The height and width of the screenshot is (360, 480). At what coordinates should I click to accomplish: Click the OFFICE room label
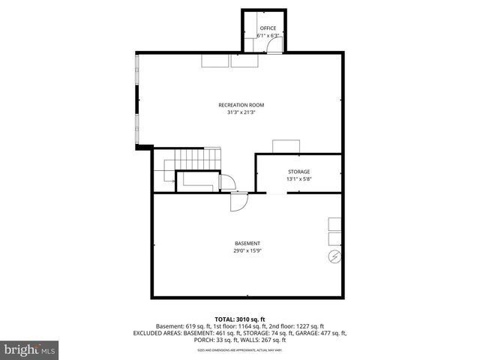coord(268,28)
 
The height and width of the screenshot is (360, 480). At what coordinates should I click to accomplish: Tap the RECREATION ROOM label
coord(241,105)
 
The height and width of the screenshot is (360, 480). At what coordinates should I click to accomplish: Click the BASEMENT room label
coord(247,243)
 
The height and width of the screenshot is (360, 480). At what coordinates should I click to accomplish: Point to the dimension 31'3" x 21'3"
coord(241,112)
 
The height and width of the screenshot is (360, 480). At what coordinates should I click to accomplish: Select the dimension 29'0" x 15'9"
coord(247,251)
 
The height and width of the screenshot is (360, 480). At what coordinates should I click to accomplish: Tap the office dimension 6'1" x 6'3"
coord(268,35)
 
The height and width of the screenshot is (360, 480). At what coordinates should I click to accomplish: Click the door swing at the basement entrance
coord(239,202)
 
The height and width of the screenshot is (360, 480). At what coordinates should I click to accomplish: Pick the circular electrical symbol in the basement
coord(334,259)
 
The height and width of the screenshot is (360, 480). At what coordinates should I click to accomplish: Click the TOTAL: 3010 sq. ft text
coord(239,319)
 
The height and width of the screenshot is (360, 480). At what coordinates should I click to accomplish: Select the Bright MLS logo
coord(30,349)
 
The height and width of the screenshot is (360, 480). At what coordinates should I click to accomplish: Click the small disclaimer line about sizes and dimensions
coord(239,349)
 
